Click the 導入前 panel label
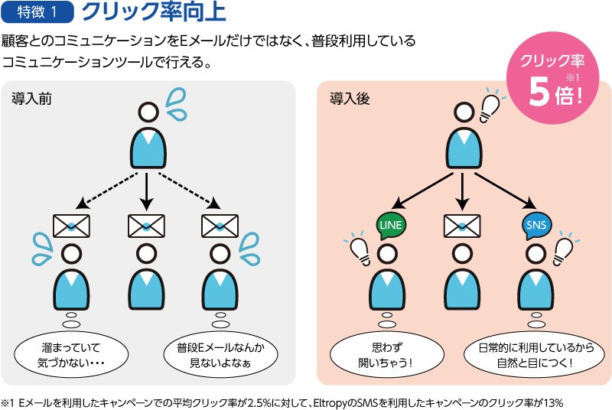(x=31, y=99)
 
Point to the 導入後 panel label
(x=346, y=99)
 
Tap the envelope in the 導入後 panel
(x=462, y=226)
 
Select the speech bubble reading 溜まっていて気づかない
(x=70, y=354)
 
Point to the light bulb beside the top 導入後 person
(x=488, y=108)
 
